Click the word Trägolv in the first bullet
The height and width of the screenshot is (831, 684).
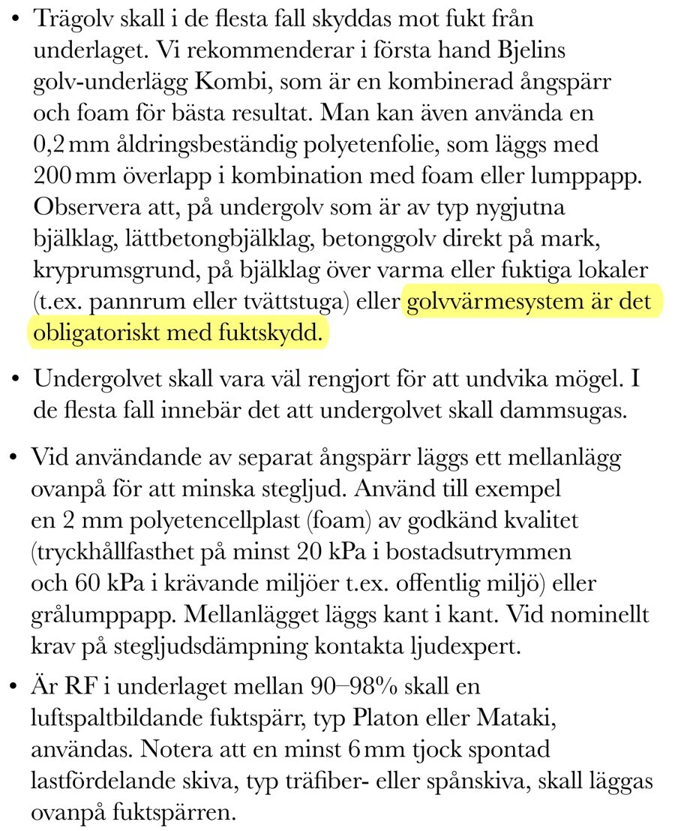click(68, 19)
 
